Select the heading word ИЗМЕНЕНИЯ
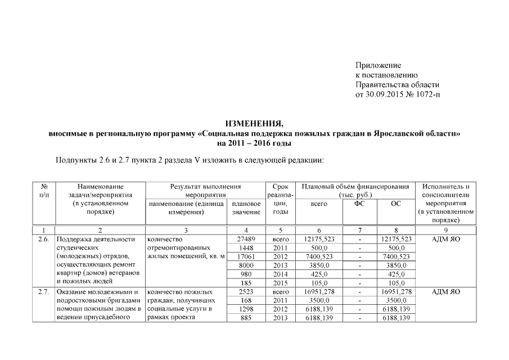[x=254, y=123]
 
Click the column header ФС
[x=359, y=204]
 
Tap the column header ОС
[x=396, y=204]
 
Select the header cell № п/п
[x=44, y=190]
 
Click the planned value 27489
[x=246, y=239]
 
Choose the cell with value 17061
[x=246, y=256]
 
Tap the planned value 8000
[x=246, y=265]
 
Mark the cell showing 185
[x=246, y=283]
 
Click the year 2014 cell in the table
[x=280, y=274]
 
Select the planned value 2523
[x=246, y=292]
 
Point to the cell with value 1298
[x=246, y=309]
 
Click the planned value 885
[x=246, y=318]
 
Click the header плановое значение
[x=246, y=208]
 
